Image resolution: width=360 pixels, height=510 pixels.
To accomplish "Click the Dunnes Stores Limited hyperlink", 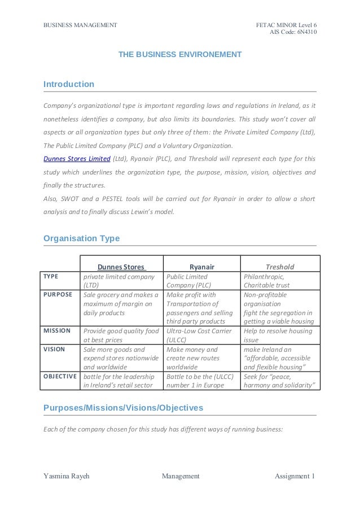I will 77,158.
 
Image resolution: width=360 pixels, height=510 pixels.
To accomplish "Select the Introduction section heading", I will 69,84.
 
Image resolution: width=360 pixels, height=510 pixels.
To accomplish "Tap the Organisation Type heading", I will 81,238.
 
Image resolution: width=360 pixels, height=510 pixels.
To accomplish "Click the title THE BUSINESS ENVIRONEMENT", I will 179,54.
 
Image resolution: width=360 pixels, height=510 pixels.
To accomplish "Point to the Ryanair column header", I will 201,267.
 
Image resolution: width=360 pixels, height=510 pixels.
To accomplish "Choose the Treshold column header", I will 280,267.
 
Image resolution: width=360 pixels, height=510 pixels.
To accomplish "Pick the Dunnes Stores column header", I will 121,267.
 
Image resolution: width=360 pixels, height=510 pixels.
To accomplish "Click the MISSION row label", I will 57,330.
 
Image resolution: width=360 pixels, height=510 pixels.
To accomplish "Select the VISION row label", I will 54,349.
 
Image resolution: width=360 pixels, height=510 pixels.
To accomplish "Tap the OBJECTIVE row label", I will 60,376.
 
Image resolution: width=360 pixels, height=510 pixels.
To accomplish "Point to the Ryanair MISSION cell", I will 201,335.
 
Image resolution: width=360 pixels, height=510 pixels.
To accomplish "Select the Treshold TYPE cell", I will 280,281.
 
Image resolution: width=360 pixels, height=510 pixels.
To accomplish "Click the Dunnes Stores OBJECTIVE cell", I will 121,381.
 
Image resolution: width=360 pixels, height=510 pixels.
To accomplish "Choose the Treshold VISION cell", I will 280,358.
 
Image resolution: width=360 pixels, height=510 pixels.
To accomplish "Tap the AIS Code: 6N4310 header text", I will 293,32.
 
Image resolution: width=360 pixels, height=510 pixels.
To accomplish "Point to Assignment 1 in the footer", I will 295,476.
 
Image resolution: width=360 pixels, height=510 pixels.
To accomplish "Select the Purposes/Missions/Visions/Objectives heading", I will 123,407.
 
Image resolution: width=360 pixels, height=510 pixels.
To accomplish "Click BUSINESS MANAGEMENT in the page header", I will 80,24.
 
